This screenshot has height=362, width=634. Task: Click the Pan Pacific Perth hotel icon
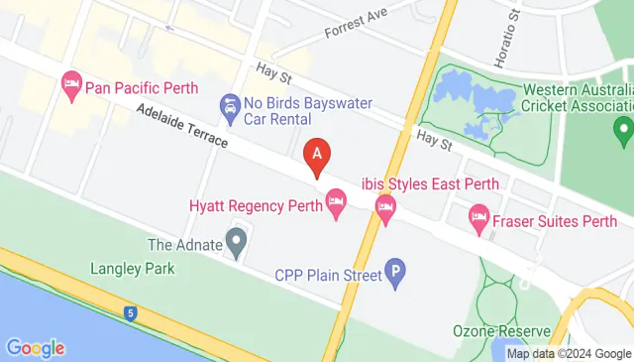click(71, 85)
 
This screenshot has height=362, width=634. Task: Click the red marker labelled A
click(317, 155)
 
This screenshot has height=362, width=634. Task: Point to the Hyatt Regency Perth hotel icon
click(337, 206)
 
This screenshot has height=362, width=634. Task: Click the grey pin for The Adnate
click(236, 240)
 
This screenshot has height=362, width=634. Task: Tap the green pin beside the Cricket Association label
click(622, 128)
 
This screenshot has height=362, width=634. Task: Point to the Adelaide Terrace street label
click(183, 128)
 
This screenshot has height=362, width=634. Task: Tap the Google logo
click(35, 348)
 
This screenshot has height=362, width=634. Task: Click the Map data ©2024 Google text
click(569, 353)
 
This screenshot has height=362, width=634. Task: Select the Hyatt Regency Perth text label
click(255, 206)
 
